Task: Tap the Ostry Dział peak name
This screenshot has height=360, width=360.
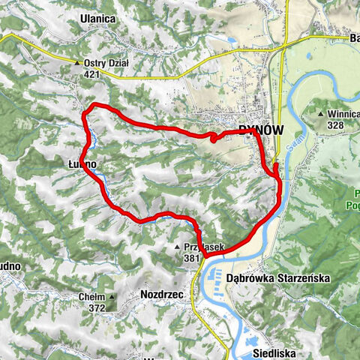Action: pyautogui.click(x=108, y=63)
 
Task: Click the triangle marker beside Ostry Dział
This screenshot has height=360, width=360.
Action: pyautogui.click(x=77, y=64)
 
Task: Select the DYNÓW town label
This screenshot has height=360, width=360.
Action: pyautogui.click(x=261, y=130)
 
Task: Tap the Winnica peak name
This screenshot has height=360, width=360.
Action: pyautogui.click(x=343, y=114)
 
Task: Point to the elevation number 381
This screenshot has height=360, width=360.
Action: pyautogui.click(x=192, y=258)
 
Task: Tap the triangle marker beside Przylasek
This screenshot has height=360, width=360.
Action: pyautogui.click(x=177, y=247)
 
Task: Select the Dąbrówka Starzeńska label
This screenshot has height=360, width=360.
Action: pyautogui.click(x=277, y=277)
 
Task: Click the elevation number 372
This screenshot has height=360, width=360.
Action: pyautogui.click(x=95, y=307)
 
